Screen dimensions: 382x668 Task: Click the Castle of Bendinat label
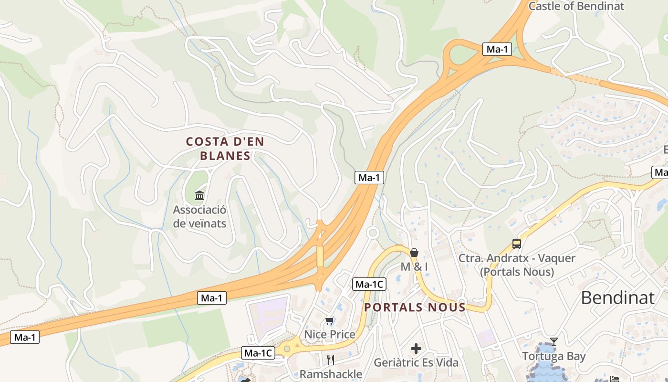(x=576, y=6)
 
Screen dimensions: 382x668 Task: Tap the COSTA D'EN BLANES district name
(x=225, y=149)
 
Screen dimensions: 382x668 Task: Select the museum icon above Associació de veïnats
(x=199, y=195)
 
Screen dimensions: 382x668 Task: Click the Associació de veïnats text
(x=199, y=216)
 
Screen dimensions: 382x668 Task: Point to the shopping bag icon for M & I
(x=414, y=253)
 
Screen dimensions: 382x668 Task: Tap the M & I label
(x=414, y=267)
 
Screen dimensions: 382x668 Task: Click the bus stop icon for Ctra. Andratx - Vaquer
(x=517, y=244)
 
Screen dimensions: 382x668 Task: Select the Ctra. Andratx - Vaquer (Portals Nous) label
(x=517, y=265)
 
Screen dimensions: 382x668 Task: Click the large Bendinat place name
(x=617, y=297)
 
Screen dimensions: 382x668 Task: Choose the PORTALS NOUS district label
(x=415, y=307)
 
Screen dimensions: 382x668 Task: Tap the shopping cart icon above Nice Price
(x=329, y=321)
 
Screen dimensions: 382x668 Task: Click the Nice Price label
(x=330, y=334)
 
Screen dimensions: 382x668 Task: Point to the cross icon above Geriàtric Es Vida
(x=416, y=349)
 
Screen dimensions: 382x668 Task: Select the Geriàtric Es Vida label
(x=416, y=362)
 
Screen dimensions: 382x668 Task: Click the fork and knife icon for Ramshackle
(x=331, y=360)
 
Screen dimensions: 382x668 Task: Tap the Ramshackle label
(x=331, y=374)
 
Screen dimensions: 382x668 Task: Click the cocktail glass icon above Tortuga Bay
(x=553, y=341)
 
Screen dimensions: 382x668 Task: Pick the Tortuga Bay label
(x=553, y=356)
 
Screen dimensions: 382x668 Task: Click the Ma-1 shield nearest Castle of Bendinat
(x=498, y=49)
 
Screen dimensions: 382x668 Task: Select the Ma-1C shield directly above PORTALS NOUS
(x=369, y=285)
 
